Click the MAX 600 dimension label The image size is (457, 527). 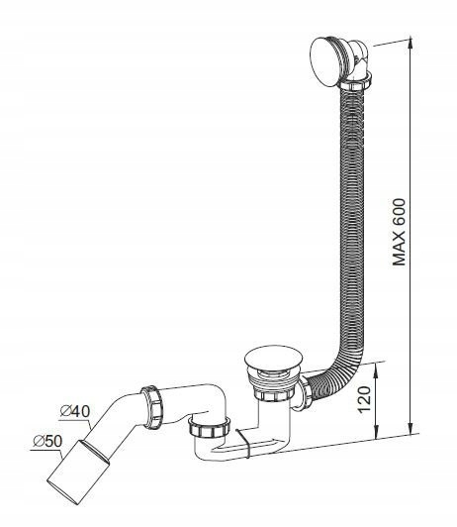point(400,232)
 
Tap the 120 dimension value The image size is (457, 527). point(364,399)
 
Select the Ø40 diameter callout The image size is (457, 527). point(75,411)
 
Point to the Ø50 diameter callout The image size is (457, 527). point(47,441)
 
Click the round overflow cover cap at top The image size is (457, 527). point(322,61)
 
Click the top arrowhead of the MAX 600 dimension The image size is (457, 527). point(410,46)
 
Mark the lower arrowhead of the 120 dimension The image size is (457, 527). point(376,431)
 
